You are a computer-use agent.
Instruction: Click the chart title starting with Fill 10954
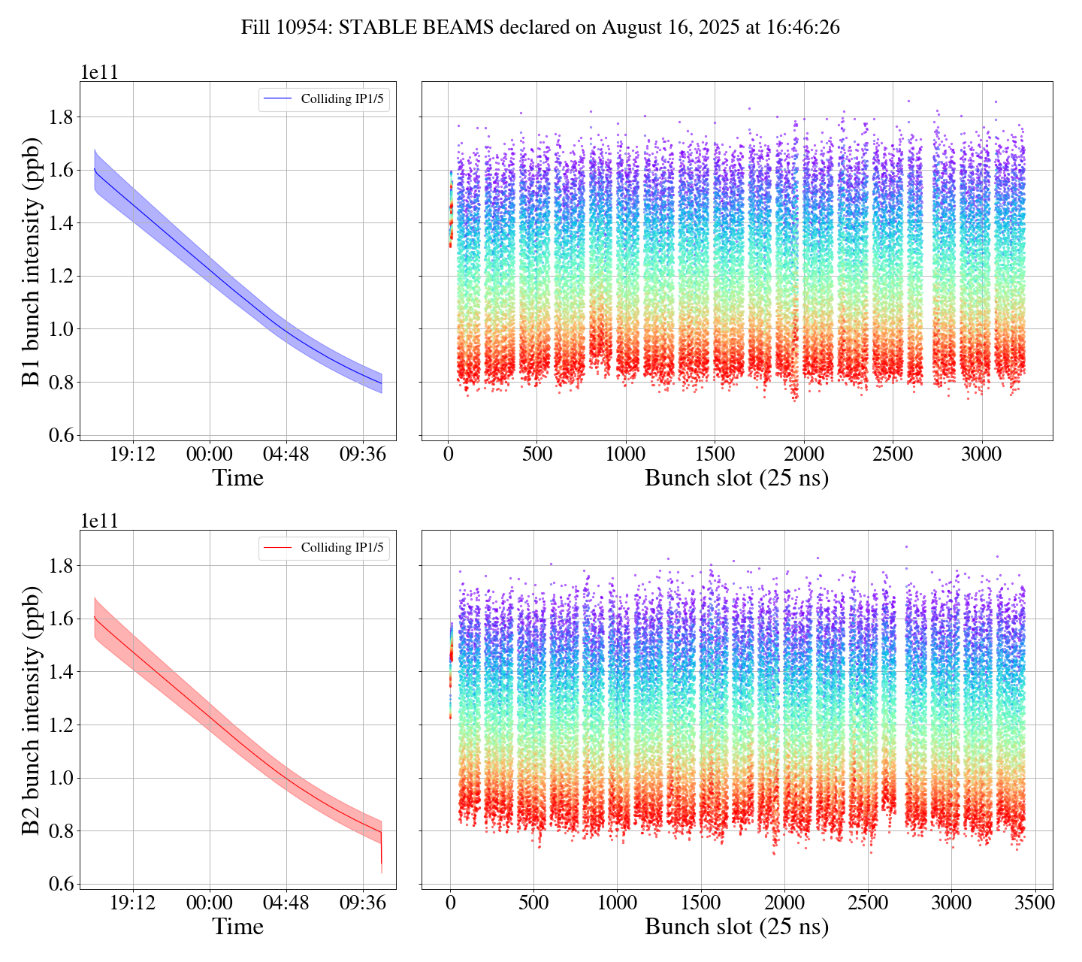(x=540, y=28)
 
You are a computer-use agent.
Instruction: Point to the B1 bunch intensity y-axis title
(x=31, y=261)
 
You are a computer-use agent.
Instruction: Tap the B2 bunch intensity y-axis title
(x=31, y=709)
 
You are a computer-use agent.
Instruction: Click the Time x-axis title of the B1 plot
(x=237, y=478)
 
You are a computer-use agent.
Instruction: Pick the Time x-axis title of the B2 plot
(x=237, y=927)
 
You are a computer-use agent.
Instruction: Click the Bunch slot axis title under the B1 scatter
(x=736, y=478)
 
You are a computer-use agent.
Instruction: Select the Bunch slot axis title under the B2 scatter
(x=736, y=927)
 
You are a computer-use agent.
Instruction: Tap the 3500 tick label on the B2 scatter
(x=1034, y=902)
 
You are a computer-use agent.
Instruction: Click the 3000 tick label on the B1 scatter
(x=982, y=454)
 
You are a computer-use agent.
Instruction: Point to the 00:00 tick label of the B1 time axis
(x=210, y=454)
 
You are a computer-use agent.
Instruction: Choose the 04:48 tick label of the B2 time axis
(x=286, y=902)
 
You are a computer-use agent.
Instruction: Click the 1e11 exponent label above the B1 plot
(x=99, y=73)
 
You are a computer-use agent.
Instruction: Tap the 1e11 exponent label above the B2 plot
(x=99, y=522)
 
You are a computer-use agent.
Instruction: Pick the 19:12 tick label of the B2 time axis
(x=133, y=902)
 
